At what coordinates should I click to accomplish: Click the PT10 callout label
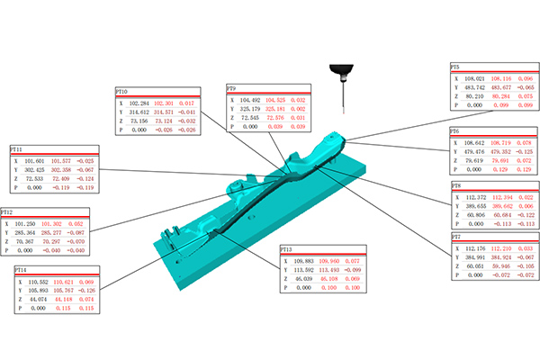pyautogui.click(x=121, y=92)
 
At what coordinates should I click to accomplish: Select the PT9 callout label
pyautogui.click(x=231, y=88)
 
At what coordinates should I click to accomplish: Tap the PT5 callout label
pyautogui.click(x=454, y=67)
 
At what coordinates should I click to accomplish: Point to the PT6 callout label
pyautogui.click(x=454, y=130)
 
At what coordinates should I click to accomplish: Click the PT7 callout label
pyautogui.click(x=454, y=237)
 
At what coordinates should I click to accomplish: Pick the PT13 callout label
pyautogui.click(x=285, y=247)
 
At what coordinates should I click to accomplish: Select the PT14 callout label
pyautogui.click(x=21, y=269)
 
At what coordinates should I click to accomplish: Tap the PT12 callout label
pyautogui.click(x=7, y=212)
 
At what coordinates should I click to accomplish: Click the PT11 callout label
pyautogui.click(x=15, y=148)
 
